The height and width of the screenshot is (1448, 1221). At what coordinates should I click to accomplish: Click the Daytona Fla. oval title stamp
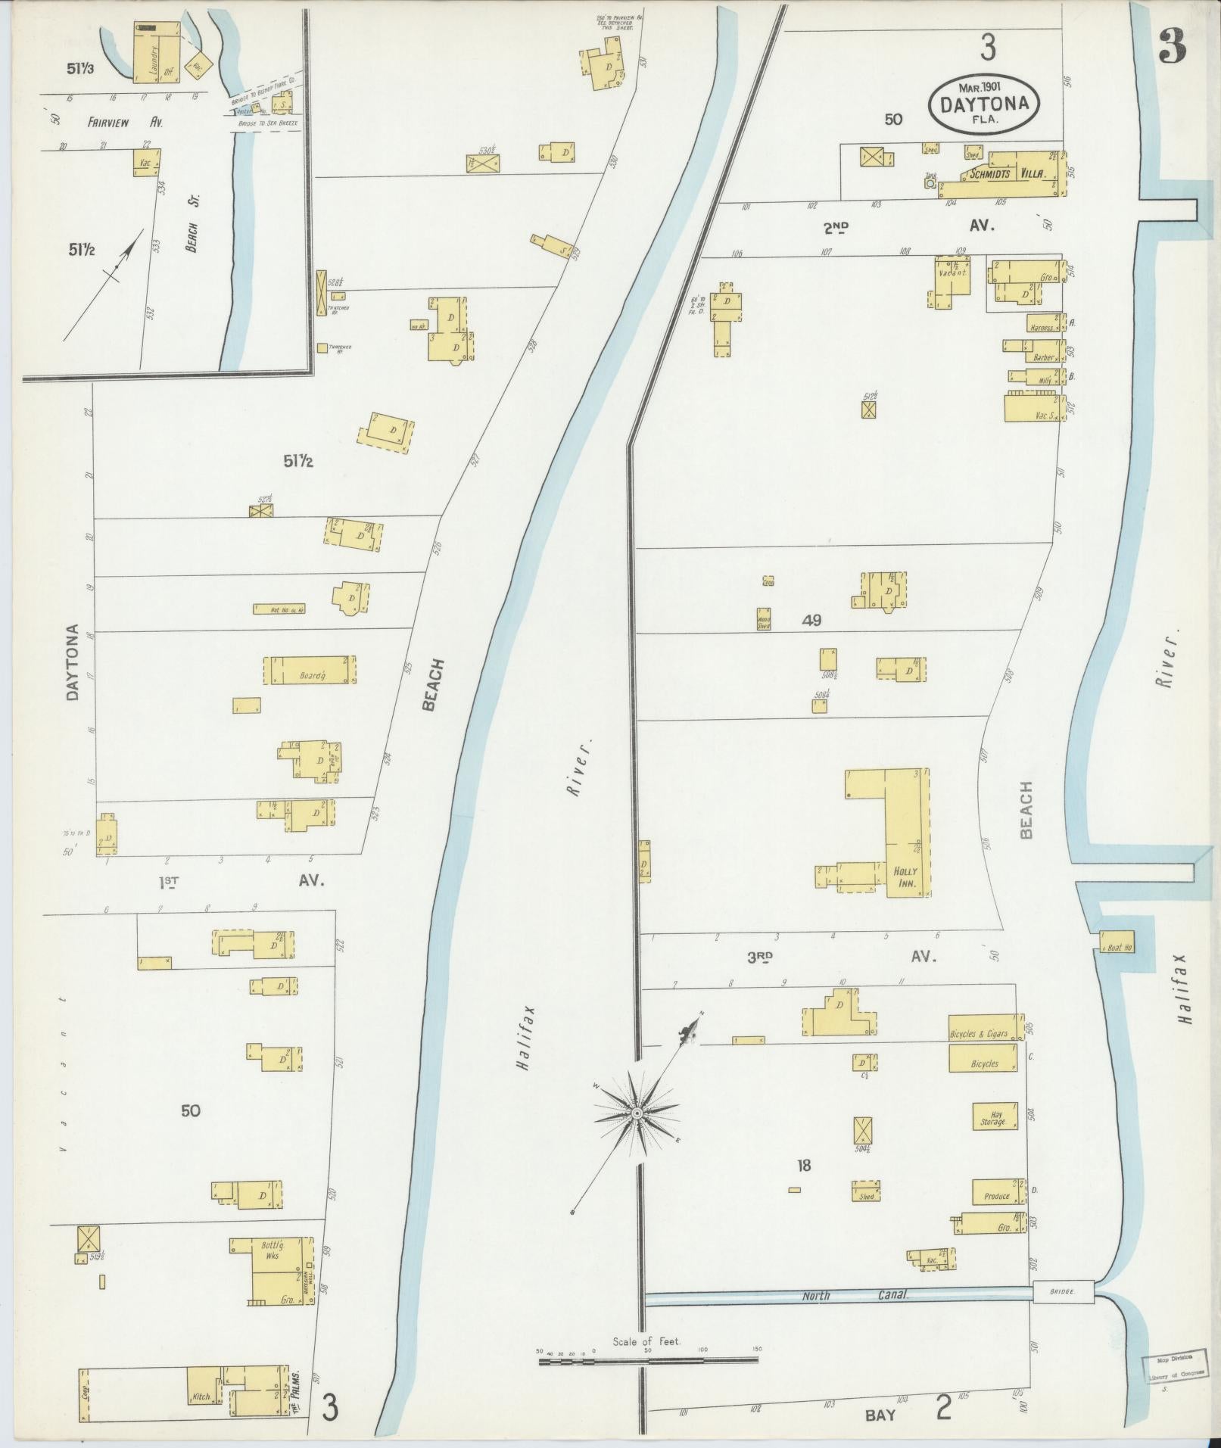click(x=983, y=104)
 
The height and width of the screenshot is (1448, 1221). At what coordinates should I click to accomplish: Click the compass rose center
click(x=637, y=1113)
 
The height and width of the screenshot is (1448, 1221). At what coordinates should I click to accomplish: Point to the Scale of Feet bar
click(x=648, y=1360)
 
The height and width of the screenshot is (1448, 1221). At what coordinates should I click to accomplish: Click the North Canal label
click(x=855, y=1295)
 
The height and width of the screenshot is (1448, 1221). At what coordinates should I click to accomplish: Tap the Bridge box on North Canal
click(x=1063, y=1291)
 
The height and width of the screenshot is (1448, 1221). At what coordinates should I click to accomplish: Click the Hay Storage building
click(x=994, y=1116)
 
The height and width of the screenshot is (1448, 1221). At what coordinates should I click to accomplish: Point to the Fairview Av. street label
click(x=125, y=122)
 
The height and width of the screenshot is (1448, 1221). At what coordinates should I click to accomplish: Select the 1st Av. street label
click(x=241, y=881)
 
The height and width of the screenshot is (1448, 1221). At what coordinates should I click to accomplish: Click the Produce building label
click(x=997, y=1196)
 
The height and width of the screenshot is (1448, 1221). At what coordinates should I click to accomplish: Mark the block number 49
click(x=812, y=621)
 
